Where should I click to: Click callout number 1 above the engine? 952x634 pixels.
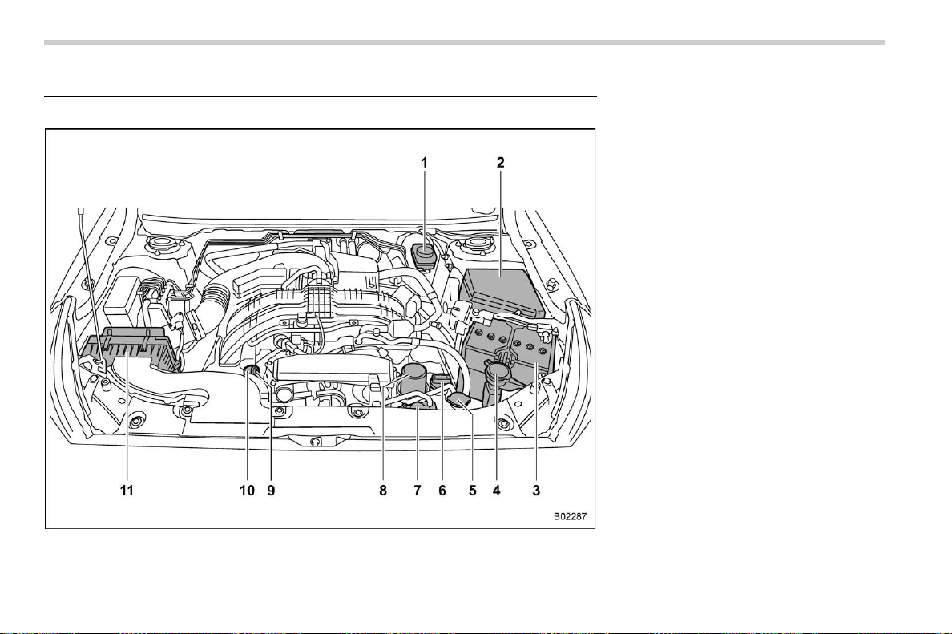click(x=425, y=163)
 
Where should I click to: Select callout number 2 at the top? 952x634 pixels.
click(x=500, y=163)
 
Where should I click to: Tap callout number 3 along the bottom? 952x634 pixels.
click(x=536, y=490)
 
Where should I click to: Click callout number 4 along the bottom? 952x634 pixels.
click(x=497, y=490)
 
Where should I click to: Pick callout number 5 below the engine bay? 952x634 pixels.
click(x=472, y=490)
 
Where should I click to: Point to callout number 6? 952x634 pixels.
click(x=442, y=490)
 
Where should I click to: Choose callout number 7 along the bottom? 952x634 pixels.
click(x=418, y=490)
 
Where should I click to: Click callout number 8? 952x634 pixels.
click(x=383, y=490)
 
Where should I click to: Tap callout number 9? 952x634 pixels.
click(x=271, y=490)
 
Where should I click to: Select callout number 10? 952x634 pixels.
click(x=247, y=490)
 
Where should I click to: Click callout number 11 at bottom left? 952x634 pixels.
click(x=127, y=490)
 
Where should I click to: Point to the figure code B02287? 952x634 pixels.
click(x=570, y=517)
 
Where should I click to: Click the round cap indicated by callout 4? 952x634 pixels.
click(x=498, y=369)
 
